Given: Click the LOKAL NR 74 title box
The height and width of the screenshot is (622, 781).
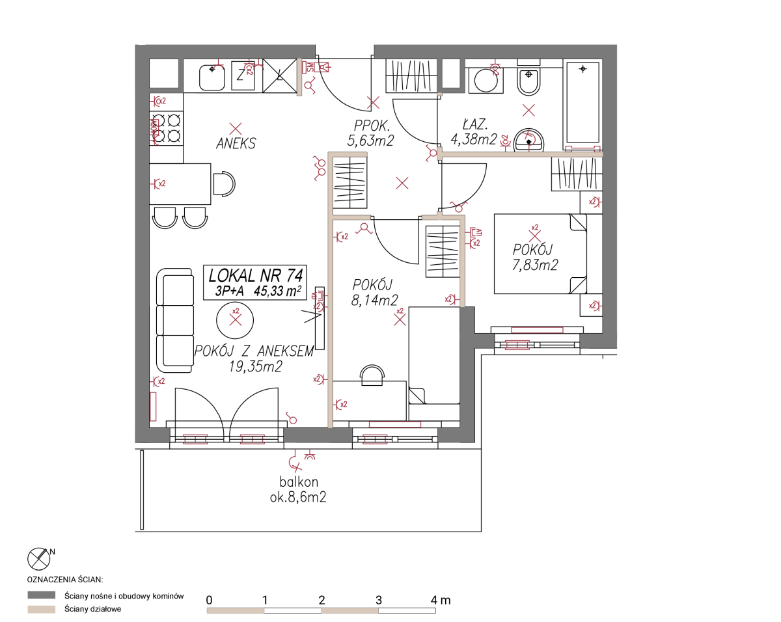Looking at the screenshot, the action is tap(254, 282).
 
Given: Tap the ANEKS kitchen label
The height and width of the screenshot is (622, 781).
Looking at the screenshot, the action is tap(236, 144).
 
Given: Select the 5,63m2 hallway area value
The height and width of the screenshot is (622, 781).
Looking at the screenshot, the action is tap(370, 141).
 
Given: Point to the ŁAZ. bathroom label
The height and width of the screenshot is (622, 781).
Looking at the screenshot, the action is tap(475, 125).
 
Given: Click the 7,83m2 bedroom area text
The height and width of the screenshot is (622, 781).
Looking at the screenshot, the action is tap(535, 265).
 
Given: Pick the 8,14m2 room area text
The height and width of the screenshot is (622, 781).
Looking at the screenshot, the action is tap(374, 301).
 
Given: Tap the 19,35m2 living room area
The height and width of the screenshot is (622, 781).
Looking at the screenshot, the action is tap(256, 366).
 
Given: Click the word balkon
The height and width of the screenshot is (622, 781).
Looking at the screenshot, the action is tap(299, 482).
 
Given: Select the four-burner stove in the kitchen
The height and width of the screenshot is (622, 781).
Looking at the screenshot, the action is tap(167, 128).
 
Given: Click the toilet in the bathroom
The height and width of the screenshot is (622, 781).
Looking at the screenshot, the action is tap(528, 81).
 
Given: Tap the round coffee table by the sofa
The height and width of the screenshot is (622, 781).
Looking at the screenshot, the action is tap(235, 321).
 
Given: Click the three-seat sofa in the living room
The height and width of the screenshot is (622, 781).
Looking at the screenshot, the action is tap(175, 321).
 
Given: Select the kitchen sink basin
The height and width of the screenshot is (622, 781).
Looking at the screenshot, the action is tap(212, 77).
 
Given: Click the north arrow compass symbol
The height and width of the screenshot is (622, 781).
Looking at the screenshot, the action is tap(39, 559).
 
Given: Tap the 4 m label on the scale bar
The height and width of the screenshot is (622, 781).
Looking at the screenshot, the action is tap(441, 601).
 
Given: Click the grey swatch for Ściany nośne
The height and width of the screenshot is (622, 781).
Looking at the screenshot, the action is tap(42, 595).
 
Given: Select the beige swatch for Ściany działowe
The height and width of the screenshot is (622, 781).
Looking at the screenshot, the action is tap(42, 609).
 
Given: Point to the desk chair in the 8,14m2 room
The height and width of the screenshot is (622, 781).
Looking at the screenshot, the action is tap(372, 375).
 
